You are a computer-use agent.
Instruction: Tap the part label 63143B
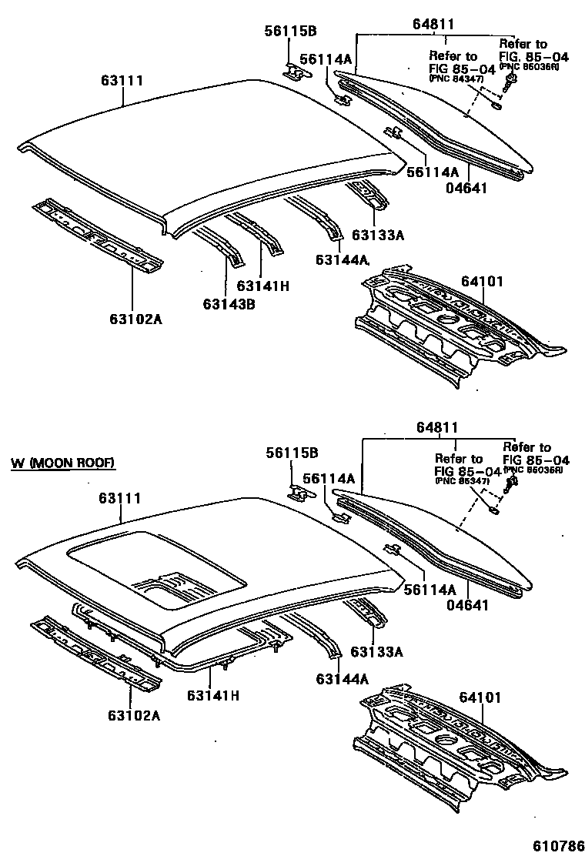click(x=229, y=304)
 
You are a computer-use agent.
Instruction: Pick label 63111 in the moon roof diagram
click(x=119, y=499)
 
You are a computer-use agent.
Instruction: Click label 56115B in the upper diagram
click(x=291, y=32)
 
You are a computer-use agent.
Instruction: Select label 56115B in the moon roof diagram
click(x=292, y=453)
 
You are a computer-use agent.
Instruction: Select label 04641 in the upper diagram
click(x=468, y=186)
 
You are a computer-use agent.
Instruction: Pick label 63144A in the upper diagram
click(x=343, y=261)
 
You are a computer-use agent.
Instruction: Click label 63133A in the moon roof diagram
click(x=377, y=652)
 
